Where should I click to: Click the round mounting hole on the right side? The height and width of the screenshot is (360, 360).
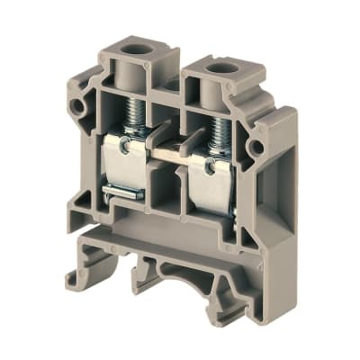point(256,147)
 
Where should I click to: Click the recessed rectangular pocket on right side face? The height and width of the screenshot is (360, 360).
point(278,207)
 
